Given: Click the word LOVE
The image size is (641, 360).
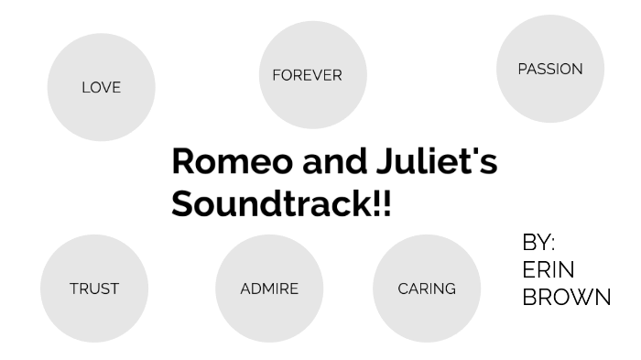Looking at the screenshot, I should [x=101, y=88].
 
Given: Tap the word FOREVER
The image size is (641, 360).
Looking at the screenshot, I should [x=307, y=75].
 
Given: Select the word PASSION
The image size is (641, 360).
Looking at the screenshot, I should [x=549, y=69].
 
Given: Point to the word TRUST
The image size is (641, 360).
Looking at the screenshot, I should [x=94, y=289].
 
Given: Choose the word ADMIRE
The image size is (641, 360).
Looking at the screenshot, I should [x=269, y=289].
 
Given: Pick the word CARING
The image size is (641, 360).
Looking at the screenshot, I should [x=427, y=289].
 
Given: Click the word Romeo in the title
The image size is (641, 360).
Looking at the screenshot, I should [x=232, y=162].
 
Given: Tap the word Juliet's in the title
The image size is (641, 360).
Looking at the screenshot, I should [x=436, y=162].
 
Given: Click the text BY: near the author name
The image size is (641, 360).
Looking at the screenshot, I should [x=538, y=243].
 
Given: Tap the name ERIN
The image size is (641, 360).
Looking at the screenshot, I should [x=549, y=270].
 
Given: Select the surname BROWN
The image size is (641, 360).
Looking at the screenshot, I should [x=566, y=298].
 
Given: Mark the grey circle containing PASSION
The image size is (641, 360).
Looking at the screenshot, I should [x=549, y=96].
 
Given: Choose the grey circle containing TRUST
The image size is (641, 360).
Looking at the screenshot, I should [x=94, y=316].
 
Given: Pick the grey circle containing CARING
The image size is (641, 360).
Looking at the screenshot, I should [x=427, y=316].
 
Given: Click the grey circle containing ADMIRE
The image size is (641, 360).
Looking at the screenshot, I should [x=269, y=316].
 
